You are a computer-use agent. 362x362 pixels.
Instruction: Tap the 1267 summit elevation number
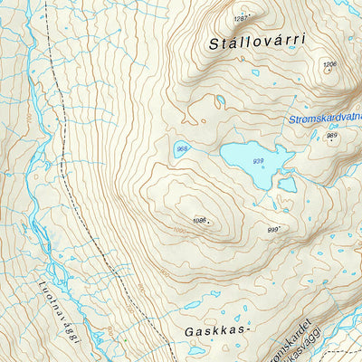[241, 18]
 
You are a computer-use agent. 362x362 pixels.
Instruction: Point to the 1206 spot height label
[329, 64]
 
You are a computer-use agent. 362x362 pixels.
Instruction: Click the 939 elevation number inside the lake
[259, 161]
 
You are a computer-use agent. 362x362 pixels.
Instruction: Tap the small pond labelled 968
[183, 149]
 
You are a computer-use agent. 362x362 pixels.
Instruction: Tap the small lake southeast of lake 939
[288, 185]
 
